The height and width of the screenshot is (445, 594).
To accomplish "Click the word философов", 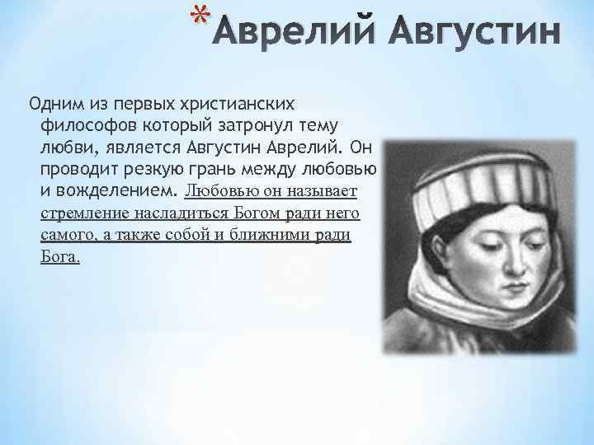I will click(82, 127).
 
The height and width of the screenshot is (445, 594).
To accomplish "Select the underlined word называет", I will click(327, 191).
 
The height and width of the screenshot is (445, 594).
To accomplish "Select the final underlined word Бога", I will click(60, 257).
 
